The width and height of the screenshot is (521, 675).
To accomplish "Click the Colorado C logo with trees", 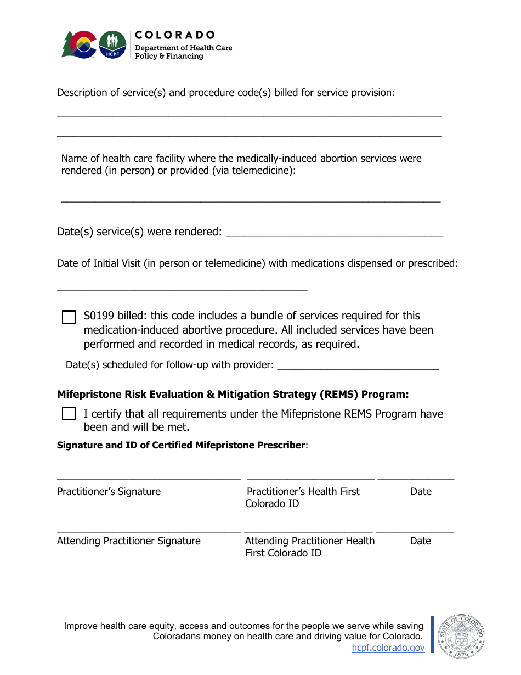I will pyautogui.click(x=78, y=44).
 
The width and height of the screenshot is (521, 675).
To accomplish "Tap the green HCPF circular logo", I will pyautogui.click(x=112, y=44).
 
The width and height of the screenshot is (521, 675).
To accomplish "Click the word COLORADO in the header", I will pyautogui.click(x=175, y=35).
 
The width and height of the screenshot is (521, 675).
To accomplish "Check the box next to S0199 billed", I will pyautogui.click(x=69, y=317).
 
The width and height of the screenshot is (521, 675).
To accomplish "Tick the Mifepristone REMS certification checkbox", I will pyautogui.click(x=69, y=414).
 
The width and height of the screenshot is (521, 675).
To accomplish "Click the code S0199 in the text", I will pyautogui.click(x=99, y=316).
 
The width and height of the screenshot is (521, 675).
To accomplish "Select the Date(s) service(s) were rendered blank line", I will pyautogui.click(x=334, y=237).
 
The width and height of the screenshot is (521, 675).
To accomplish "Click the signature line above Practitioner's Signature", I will pyautogui.click(x=149, y=480).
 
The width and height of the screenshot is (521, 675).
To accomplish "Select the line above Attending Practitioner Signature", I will pyautogui.click(x=149, y=532).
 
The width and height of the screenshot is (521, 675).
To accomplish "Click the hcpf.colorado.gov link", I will pyautogui.click(x=388, y=648).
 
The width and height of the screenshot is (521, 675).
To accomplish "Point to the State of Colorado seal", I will pyautogui.click(x=461, y=636).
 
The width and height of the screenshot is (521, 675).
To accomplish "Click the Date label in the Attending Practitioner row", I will pyautogui.click(x=420, y=541).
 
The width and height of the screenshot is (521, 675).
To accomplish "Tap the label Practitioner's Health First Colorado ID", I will pyautogui.click(x=302, y=498).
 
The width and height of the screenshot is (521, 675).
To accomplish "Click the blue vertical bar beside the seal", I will pyautogui.click(x=432, y=634).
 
